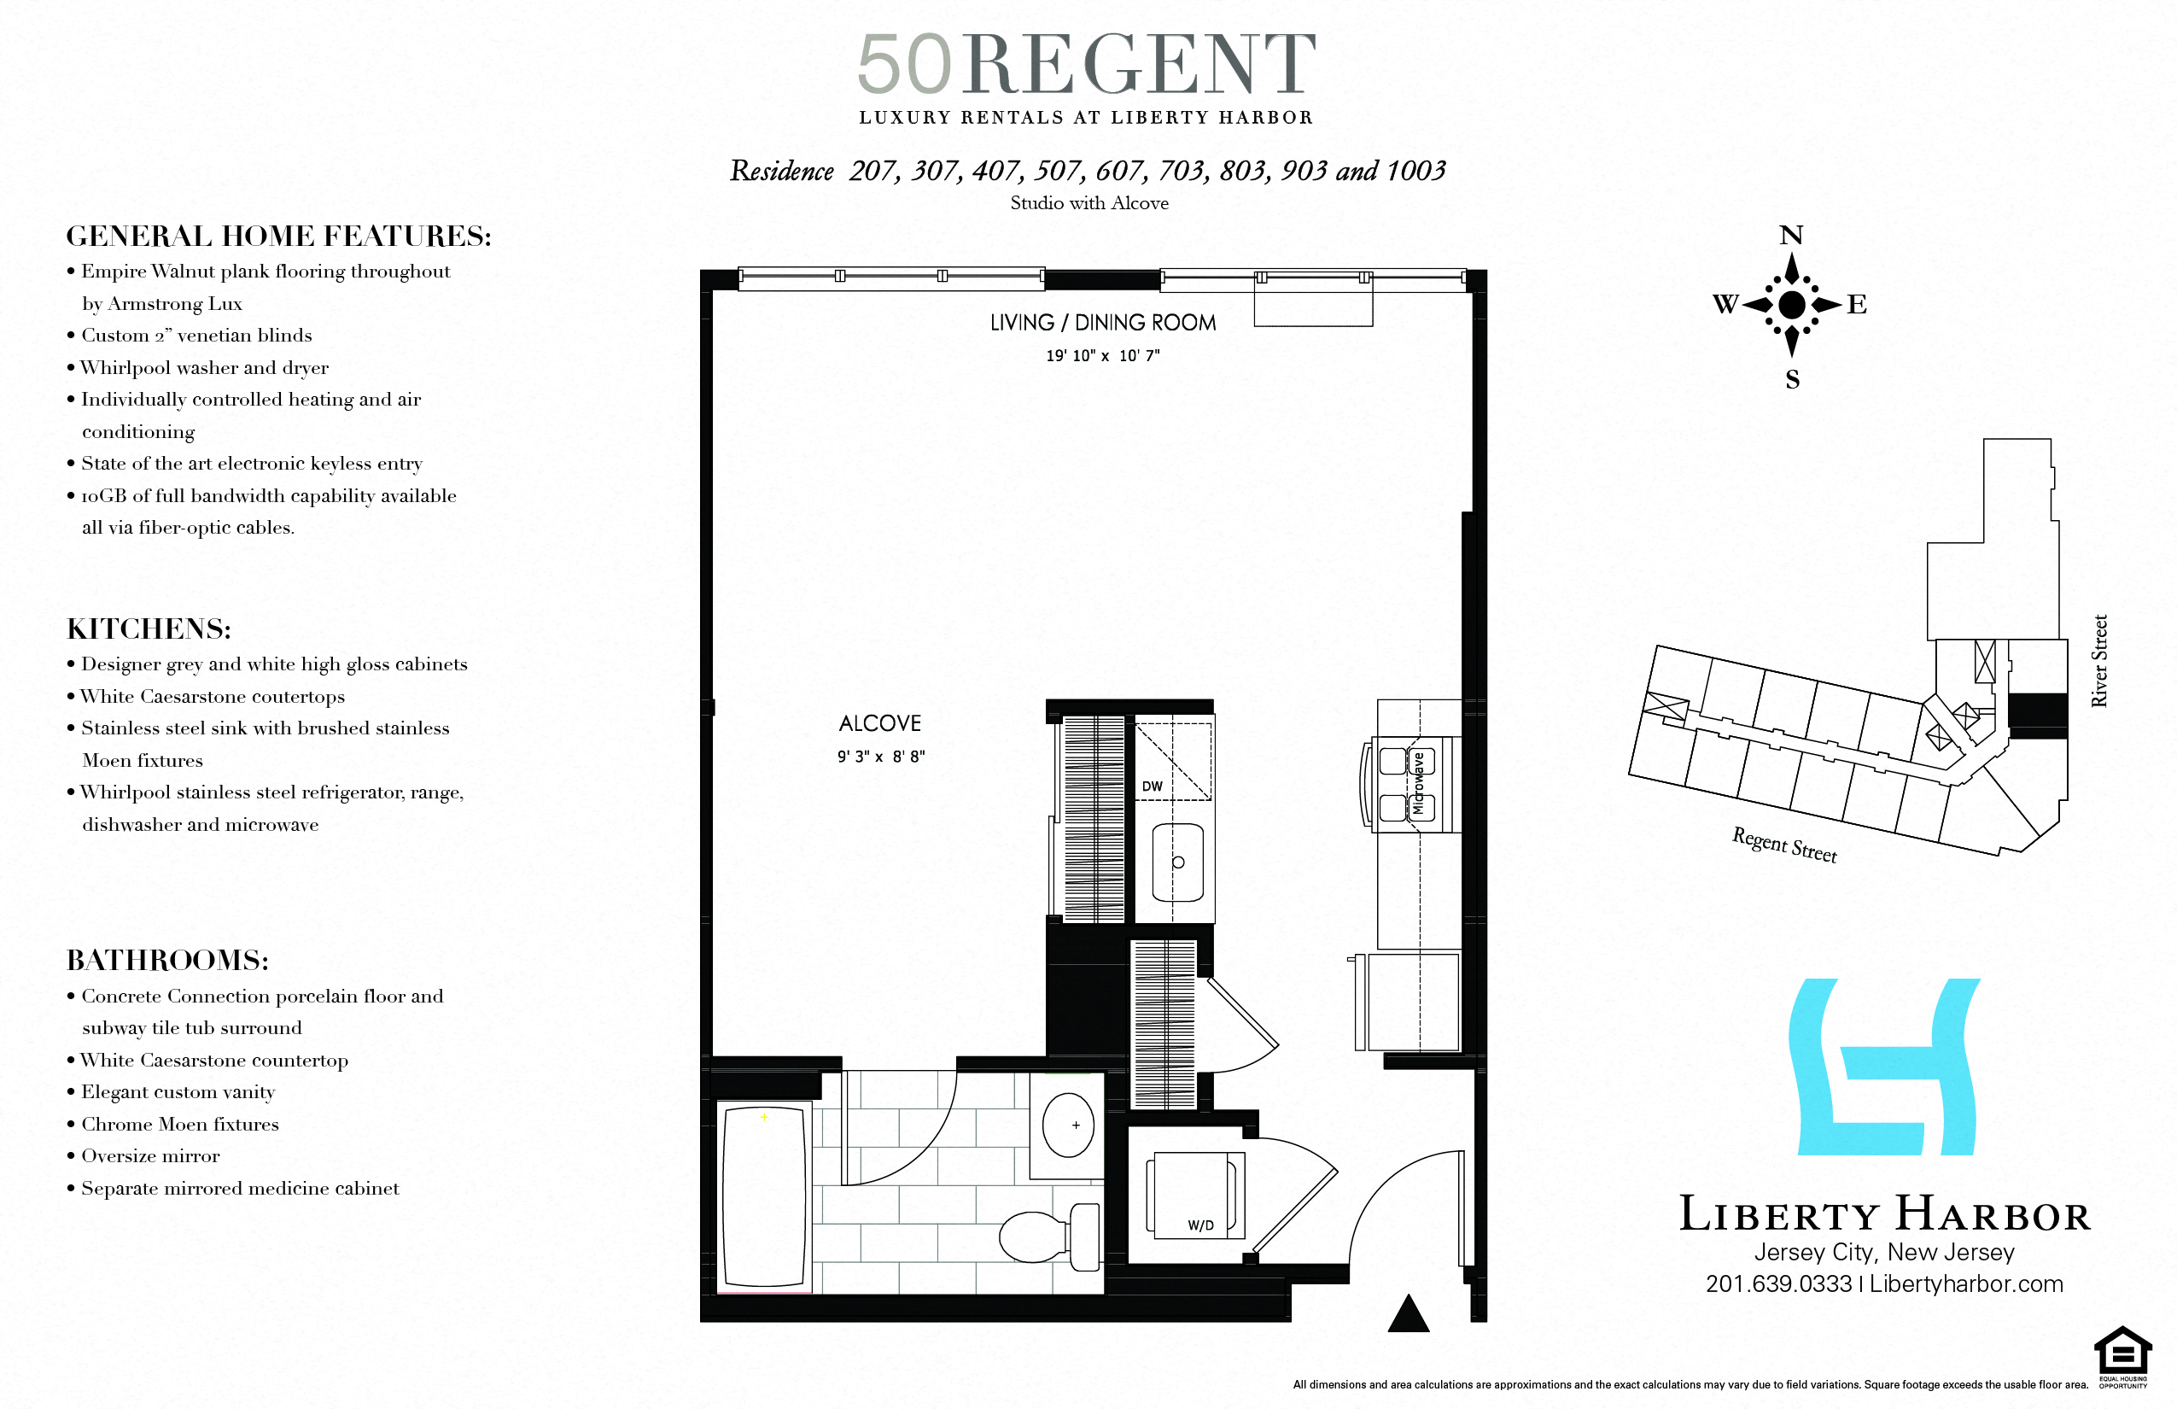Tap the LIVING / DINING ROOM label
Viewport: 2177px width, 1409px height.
pyautogui.click(x=1103, y=322)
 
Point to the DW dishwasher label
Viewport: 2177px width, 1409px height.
pyautogui.click(x=1153, y=786)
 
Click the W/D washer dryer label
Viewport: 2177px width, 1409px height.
pyautogui.click(x=1201, y=1225)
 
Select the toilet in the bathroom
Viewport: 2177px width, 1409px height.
pyautogui.click(x=1050, y=1237)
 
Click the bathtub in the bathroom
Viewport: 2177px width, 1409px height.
pyautogui.click(x=764, y=1197)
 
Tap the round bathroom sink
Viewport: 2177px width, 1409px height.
pyautogui.click(x=1067, y=1125)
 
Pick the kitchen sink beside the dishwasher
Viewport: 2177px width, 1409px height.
pyautogui.click(x=1177, y=862)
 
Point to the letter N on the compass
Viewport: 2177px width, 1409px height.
pyautogui.click(x=1791, y=235)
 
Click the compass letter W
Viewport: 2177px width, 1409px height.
pyautogui.click(x=1725, y=304)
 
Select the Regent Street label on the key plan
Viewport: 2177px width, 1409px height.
pyautogui.click(x=1783, y=845)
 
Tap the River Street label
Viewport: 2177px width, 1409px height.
pyautogui.click(x=2099, y=661)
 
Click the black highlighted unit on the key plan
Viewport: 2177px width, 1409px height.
pyautogui.click(x=2038, y=716)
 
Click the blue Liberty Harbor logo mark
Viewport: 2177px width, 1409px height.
pyautogui.click(x=1885, y=1067)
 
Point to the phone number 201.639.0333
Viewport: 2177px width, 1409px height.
pyautogui.click(x=1778, y=1283)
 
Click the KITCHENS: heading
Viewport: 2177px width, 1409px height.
pyautogui.click(x=149, y=628)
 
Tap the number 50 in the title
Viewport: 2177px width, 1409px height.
pyautogui.click(x=905, y=64)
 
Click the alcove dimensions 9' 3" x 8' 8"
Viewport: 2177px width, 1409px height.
pyautogui.click(x=881, y=757)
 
